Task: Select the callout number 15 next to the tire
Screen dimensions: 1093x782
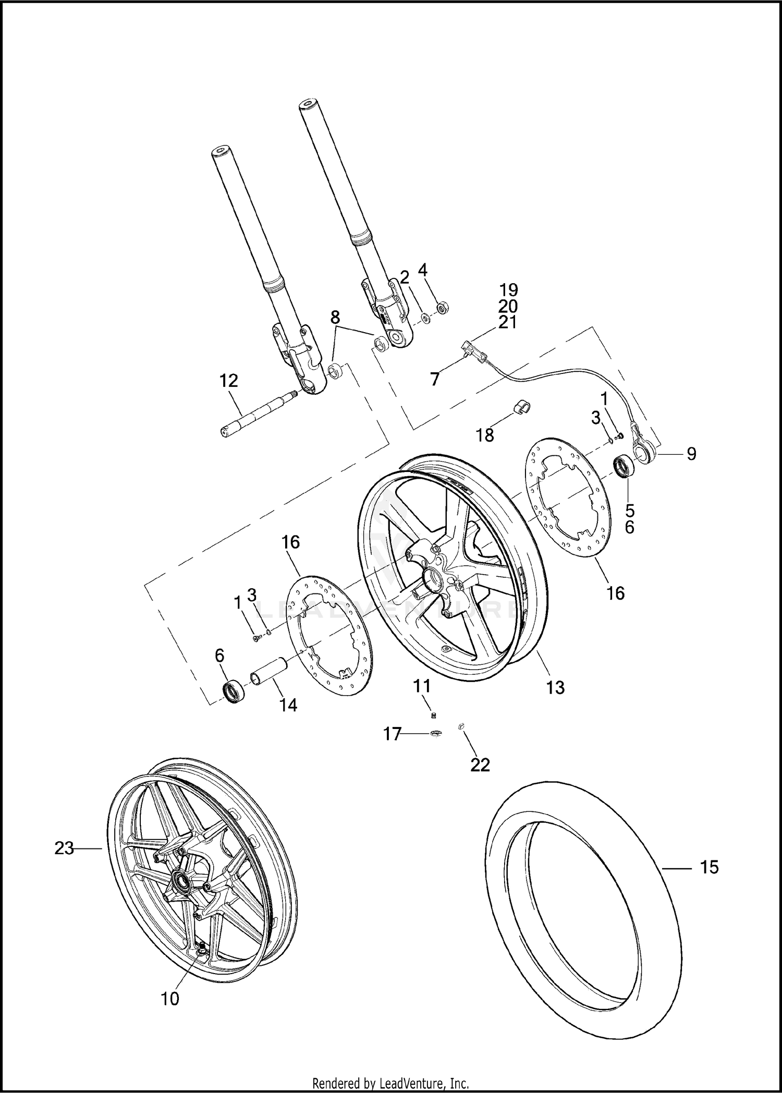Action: point(709,867)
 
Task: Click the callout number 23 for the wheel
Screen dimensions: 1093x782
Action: point(64,848)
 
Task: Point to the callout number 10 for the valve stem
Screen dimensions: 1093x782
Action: point(170,999)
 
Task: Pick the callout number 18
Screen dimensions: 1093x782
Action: point(485,434)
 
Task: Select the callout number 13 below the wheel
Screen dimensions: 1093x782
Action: point(556,687)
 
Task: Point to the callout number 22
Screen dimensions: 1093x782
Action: point(480,764)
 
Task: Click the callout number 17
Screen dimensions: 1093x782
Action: point(392,734)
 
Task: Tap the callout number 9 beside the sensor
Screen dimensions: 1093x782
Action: point(691,454)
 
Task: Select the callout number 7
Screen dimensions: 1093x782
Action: point(435,379)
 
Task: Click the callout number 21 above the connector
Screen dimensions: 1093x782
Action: point(507,322)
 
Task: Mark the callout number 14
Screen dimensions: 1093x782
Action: point(288,705)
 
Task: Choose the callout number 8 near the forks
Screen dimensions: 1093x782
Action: point(335,317)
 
